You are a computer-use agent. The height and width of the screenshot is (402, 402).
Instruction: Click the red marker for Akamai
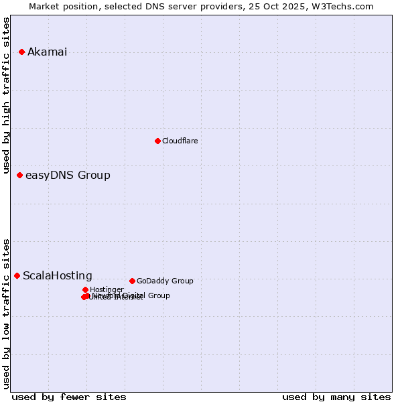click(21, 52)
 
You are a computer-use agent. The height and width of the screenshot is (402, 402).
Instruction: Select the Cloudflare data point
click(157, 141)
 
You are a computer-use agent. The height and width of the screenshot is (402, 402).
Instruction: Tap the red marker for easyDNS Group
click(19, 175)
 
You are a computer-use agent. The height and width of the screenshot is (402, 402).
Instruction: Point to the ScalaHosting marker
click(17, 275)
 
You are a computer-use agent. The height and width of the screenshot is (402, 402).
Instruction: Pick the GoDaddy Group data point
click(132, 281)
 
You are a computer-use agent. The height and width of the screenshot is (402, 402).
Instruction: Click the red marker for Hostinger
click(85, 289)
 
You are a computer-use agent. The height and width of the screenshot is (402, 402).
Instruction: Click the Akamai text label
click(47, 52)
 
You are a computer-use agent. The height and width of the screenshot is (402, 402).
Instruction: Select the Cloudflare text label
click(180, 141)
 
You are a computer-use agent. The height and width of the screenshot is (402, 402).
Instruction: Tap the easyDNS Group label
click(68, 176)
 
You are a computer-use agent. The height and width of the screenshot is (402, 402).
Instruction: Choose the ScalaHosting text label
click(58, 276)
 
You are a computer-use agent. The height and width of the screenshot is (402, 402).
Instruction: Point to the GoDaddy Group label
click(165, 281)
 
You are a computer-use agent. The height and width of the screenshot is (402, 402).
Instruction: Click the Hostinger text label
click(107, 290)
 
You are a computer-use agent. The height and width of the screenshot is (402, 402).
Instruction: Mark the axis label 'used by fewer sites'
click(68, 397)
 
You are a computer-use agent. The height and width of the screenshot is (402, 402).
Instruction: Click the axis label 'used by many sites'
click(336, 397)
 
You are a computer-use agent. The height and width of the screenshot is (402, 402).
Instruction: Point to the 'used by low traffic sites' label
click(7, 314)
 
